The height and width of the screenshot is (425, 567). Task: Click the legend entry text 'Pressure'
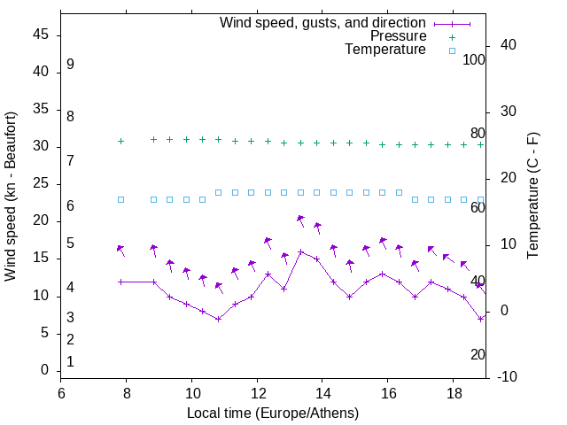pos(399,36)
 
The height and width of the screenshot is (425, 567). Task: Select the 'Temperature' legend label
pos(385,50)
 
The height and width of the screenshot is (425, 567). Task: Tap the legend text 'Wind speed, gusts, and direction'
pos(323,22)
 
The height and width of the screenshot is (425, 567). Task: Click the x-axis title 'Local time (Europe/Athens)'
pos(273,413)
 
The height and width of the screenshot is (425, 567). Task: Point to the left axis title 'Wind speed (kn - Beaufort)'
pos(11,197)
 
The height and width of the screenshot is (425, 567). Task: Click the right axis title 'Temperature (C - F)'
pos(532,197)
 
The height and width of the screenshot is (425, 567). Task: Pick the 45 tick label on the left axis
pos(41,35)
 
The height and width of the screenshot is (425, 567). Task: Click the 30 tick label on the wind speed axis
pos(41,147)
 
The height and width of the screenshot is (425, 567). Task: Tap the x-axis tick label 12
pos(257,393)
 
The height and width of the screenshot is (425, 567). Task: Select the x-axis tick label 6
pos(61,393)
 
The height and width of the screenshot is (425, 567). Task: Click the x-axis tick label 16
pos(388,393)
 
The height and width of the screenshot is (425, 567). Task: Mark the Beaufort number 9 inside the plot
pos(70,65)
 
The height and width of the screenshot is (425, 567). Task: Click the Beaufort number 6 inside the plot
pos(70,206)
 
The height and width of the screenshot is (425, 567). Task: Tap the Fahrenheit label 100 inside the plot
pos(474,60)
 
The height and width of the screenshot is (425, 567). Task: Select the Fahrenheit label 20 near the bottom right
pos(478,354)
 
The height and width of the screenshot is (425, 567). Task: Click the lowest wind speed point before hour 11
pos(218,319)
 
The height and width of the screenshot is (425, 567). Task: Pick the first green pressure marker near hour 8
pos(121,141)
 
